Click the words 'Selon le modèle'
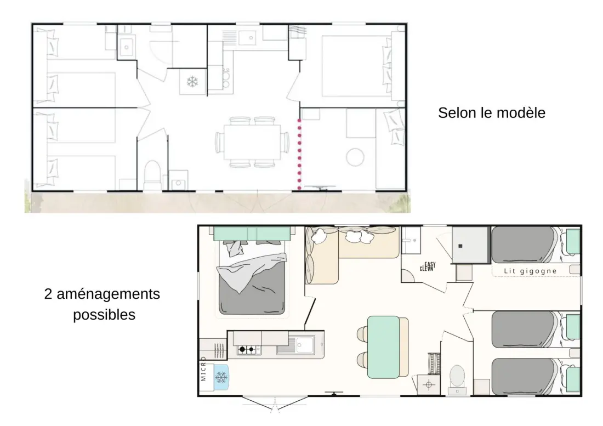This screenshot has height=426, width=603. pos(492,112)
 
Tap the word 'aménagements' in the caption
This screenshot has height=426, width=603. pos(108,294)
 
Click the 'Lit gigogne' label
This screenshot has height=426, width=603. pos(530,271)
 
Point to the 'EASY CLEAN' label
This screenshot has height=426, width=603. pos(428,266)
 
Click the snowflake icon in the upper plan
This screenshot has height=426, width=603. pos(192,82)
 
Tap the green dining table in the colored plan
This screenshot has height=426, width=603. pos(383,347)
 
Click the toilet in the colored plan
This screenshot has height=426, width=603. pos(457,379)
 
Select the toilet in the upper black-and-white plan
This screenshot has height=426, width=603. pos(152,175)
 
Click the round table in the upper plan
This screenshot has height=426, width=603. pos(355,157)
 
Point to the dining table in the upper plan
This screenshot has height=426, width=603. pos(252,142)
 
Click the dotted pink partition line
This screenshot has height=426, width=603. pos(299,155)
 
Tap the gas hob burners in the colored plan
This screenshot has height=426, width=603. pos(247,349)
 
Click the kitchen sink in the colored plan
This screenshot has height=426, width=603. pos(300,345)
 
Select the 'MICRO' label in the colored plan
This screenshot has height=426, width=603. pos(203,369)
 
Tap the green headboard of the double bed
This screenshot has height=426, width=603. pos(252,234)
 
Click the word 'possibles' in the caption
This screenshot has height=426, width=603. pos(104,315)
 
